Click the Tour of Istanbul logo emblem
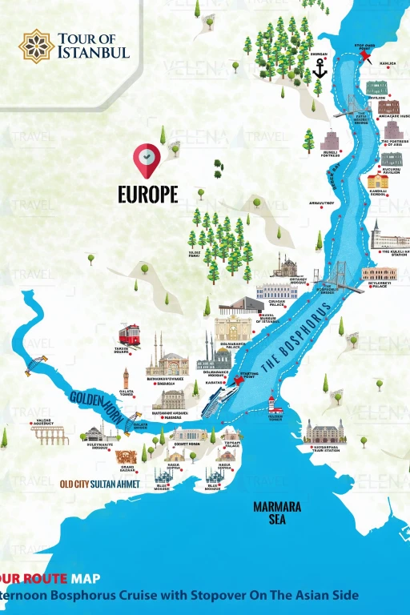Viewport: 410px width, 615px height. tap(35, 46)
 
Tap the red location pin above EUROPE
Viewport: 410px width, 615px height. tap(147, 159)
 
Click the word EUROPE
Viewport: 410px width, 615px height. tap(147, 195)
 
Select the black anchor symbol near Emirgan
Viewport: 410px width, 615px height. tap(320, 69)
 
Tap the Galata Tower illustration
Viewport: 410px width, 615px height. tap(126, 378)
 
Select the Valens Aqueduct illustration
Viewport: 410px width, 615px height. tap(50, 435)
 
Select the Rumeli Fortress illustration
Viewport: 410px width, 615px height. tap(330, 141)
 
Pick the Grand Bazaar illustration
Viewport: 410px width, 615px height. tap(126, 457)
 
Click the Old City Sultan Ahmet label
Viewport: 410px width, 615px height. tap(100, 484)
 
